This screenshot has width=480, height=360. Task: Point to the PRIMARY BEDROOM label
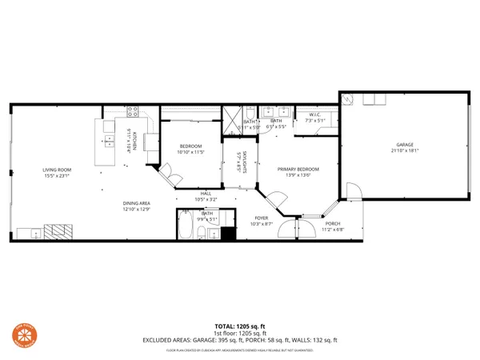pos(298,170)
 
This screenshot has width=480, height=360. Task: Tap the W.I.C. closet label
pos(314,114)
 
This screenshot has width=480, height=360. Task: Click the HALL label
pos(206,193)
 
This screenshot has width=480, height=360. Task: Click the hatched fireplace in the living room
pos(57,232)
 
